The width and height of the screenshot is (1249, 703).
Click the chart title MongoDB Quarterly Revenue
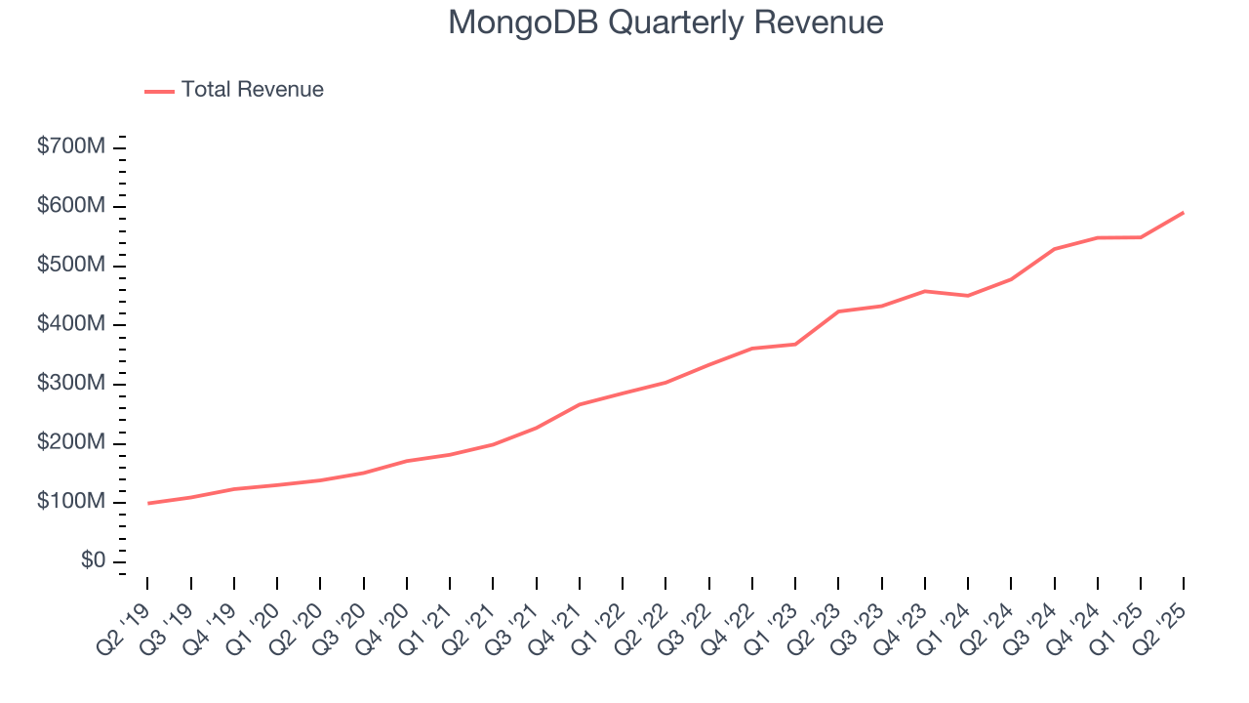pyautogui.click(x=665, y=22)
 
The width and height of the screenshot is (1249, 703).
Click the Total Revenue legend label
pyautogui.click(x=252, y=90)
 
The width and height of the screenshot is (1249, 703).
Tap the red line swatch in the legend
pyautogui.click(x=159, y=91)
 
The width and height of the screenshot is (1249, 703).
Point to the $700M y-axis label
pyautogui.click(x=71, y=146)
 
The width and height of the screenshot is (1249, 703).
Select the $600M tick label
pyautogui.click(x=71, y=206)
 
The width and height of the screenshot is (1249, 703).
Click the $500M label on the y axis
pyautogui.click(x=71, y=266)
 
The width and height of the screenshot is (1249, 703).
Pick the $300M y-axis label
pyautogui.click(x=71, y=384)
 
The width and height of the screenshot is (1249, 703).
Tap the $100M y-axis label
pyautogui.click(x=71, y=502)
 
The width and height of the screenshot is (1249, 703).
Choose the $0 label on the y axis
pyautogui.click(x=94, y=561)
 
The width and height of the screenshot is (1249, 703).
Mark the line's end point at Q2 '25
pyautogui.click(x=1184, y=212)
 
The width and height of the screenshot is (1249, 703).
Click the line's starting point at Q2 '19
pyautogui.click(x=147, y=503)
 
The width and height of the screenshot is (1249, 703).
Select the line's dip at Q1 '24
pyautogui.click(x=967, y=295)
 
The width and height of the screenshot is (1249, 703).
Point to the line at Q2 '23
pyautogui.click(x=838, y=311)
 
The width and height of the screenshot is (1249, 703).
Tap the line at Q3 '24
pyautogui.click(x=1054, y=249)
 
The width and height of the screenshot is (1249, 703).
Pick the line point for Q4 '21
pyautogui.click(x=580, y=404)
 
